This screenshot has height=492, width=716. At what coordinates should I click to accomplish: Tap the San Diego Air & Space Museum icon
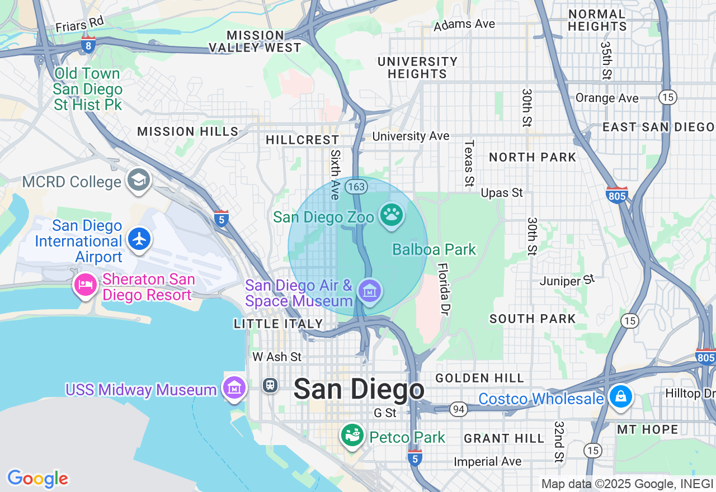point(370,291)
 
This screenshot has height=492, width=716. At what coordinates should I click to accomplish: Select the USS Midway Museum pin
point(234,387)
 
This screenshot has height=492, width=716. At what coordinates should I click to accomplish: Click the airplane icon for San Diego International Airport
point(139,239)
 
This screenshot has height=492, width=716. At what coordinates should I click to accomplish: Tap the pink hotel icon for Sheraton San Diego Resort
point(85,285)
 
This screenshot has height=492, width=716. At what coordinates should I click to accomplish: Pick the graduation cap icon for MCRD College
point(138,180)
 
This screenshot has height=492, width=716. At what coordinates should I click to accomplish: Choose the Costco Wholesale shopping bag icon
point(620,397)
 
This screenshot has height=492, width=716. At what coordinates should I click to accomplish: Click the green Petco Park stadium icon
point(352,436)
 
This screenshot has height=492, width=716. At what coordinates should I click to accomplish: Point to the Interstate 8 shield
point(88,45)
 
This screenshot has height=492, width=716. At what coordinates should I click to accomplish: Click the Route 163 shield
point(356,187)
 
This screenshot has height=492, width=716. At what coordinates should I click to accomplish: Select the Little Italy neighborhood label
point(279,324)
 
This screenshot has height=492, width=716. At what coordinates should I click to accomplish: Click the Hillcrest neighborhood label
point(302,140)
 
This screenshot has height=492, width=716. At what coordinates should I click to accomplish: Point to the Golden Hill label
point(480,379)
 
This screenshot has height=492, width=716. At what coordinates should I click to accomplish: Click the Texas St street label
point(469,163)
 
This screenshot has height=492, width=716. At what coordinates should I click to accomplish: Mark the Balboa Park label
point(434,249)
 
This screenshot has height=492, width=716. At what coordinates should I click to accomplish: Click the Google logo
point(37,479)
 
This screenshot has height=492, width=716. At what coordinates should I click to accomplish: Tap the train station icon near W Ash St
point(270,385)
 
